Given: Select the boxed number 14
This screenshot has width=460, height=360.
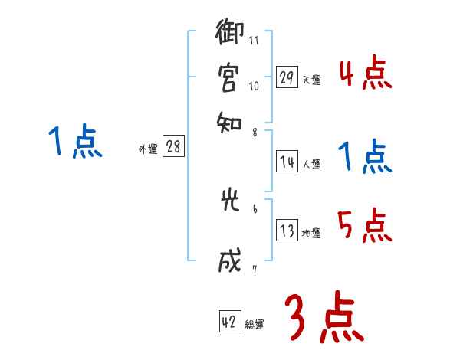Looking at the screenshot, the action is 287,161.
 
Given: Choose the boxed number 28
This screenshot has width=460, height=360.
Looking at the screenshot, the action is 173,148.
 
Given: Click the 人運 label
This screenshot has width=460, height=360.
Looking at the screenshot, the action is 312,163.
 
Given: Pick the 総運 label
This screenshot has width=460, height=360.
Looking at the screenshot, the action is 255,325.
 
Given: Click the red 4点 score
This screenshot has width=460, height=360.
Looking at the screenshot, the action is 365,74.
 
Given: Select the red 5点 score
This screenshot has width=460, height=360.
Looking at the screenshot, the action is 365,227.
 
